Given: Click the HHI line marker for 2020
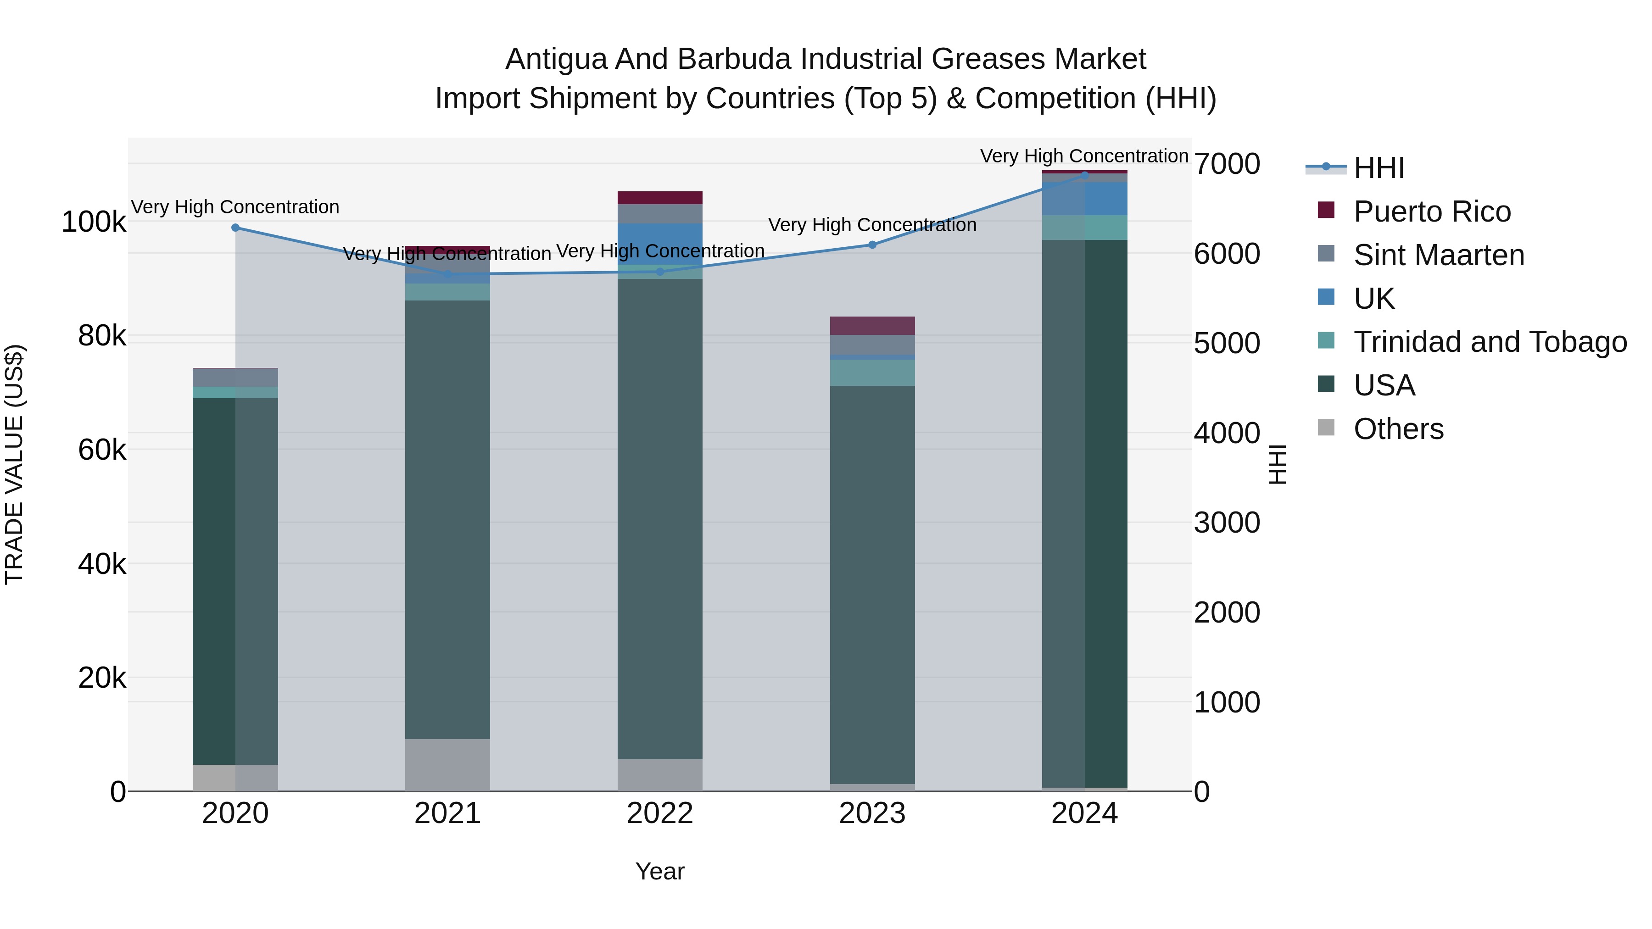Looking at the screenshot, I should pyautogui.click(x=235, y=228).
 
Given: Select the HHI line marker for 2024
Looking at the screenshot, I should pyautogui.click(x=1084, y=175).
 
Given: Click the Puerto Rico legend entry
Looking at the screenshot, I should pyautogui.click(x=1431, y=211).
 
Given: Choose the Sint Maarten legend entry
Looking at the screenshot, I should pyautogui.click(x=1439, y=255).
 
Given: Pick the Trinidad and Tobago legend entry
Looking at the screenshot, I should pyautogui.click(x=1490, y=342).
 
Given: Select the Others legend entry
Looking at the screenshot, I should pyautogui.click(x=1398, y=429).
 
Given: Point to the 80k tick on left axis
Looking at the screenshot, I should pyautogui.click(x=101, y=336).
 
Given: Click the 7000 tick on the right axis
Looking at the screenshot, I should pyautogui.click(x=1226, y=164).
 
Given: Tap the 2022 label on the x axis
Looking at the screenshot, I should pyautogui.click(x=660, y=813).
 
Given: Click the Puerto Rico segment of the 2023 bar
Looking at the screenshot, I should pyautogui.click(x=872, y=326).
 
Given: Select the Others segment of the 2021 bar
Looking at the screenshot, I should pyautogui.click(x=447, y=765).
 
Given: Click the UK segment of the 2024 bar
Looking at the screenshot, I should pyautogui.click(x=1084, y=199).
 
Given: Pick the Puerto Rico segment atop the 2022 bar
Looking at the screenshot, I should pyautogui.click(x=660, y=197).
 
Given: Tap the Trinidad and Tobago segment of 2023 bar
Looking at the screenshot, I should pyautogui.click(x=872, y=373).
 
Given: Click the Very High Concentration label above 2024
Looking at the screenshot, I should pyautogui.click(x=1084, y=156).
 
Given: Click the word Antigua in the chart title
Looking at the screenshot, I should pyautogui.click(x=555, y=60).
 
